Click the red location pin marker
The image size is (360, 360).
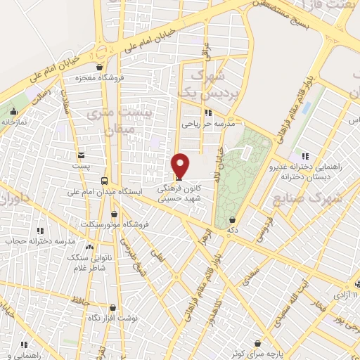pos(181,165)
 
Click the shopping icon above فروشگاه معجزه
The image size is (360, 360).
pos(99,68)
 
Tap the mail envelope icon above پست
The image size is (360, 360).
pos(82,155)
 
